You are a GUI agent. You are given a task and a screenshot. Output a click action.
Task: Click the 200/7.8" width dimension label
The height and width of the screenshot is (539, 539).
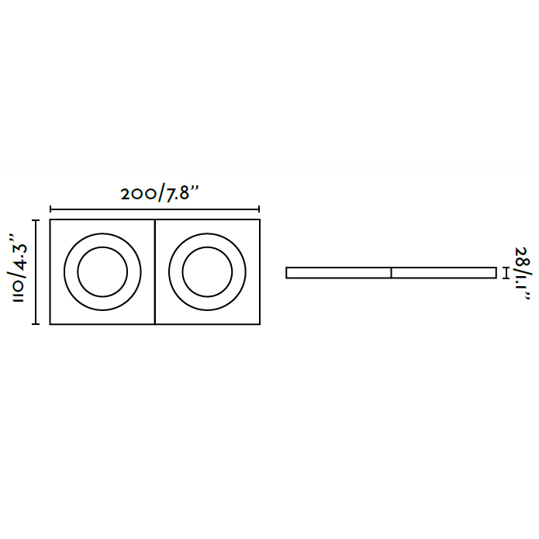(x=161, y=194)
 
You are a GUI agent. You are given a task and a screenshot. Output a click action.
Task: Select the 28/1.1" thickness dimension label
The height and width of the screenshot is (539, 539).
(x=520, y=273)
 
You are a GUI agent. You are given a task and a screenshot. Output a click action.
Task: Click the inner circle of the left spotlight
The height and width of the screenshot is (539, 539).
(x=102, y=272)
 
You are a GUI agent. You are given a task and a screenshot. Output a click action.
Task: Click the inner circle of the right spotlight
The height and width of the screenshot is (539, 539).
(x=206, y=272)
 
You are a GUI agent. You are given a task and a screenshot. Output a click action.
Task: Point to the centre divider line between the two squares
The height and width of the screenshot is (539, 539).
(x=154, y=272)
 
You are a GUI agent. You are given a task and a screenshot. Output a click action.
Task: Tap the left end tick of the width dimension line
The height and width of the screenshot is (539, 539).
(x=50, y=209)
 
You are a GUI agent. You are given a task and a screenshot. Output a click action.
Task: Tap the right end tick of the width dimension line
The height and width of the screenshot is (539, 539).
(x=259, y=209)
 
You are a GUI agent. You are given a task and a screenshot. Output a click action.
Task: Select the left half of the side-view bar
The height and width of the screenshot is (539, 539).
(x=338, y=272)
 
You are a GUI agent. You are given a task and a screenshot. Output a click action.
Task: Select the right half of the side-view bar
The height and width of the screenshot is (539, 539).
(x=444, y=272)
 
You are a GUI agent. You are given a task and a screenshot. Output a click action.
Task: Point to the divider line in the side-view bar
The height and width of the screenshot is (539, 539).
(x=391, y=272)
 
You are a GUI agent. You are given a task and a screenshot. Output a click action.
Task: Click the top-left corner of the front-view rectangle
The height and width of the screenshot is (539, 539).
(x=50, y=221)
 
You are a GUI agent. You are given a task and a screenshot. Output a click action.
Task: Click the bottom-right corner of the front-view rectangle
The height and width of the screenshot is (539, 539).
(x=259, y=323)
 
